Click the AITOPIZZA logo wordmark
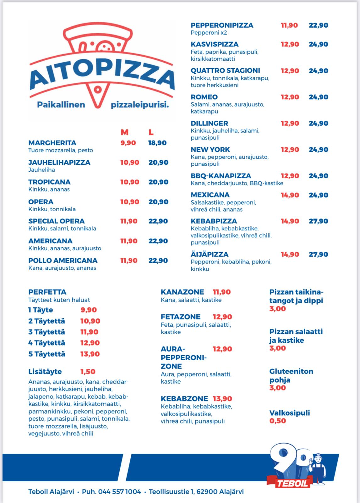[102, 76]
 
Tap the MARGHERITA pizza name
[52, 143]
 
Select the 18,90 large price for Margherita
[157, 143]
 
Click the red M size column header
[124, 132]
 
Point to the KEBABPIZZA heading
[214, 221]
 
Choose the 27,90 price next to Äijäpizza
[318, 254]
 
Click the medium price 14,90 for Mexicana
[290, 195]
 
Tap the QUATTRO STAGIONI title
[225, 70]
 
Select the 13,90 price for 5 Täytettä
[90, 354]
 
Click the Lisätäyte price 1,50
[88, 372]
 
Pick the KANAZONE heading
[182, 292]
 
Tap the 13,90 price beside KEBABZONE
[222, 399]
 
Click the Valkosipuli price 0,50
[278, 421]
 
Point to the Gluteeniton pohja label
[291, 375]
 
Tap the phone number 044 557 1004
[119, 491]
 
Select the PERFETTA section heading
[47, 292]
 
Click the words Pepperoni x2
[209, 33]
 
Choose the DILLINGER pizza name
[209, 123]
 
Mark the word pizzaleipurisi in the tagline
[140, 105]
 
